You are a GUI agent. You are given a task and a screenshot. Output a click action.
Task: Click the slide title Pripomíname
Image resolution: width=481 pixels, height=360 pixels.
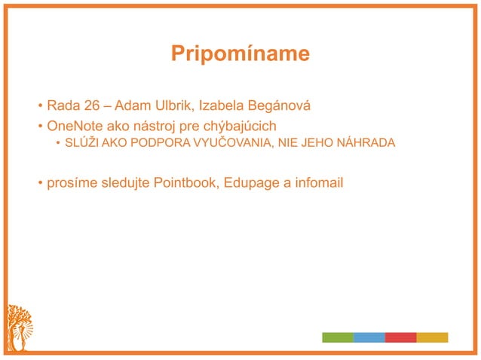[240, 54]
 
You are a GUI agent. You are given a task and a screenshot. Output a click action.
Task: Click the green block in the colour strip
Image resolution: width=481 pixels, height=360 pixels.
[338, 337]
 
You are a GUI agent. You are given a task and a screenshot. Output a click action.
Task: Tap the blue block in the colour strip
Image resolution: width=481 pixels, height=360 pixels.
[369, 337]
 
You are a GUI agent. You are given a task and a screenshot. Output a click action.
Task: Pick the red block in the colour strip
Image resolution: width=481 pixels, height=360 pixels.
[400, 337]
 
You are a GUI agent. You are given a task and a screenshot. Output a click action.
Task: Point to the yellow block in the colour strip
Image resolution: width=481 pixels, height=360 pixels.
[432, 337]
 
